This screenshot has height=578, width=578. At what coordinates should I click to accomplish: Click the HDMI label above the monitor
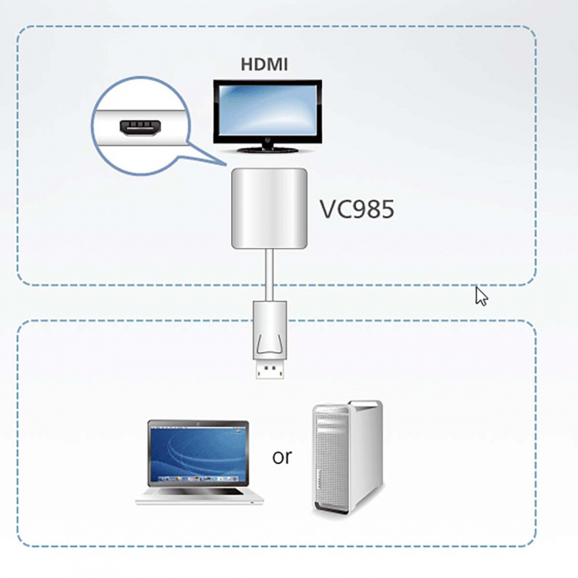pos(264,64)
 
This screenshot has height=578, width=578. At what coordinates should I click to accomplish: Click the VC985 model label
pos(357,209)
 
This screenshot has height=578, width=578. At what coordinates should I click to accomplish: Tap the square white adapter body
pos(269,208)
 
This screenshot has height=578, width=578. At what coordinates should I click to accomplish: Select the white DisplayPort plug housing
pos(270,328)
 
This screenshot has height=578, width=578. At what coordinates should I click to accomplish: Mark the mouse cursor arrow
pos(481,296)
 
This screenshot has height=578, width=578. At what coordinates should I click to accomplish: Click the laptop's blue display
pos(198,455)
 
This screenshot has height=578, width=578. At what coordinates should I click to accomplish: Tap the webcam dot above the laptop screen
pos(198,423)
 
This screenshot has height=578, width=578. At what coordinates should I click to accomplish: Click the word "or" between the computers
pos(282,456)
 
